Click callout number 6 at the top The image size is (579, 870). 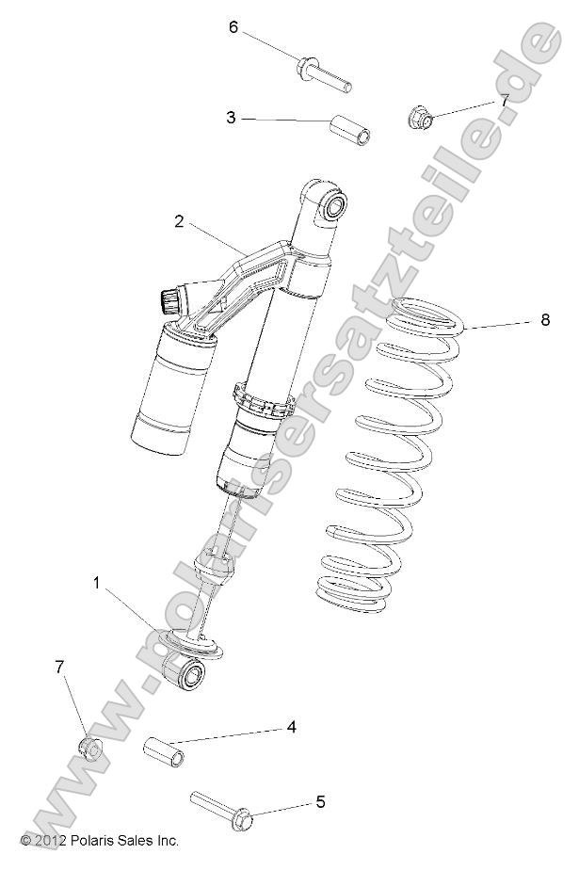(233, 27)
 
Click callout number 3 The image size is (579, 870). (231, 118)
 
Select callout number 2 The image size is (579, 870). (179, 221)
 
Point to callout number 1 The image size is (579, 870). (96, 584)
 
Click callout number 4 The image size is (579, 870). (292, 727)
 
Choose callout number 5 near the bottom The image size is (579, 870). (320, 802)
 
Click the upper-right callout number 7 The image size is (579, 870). (504, 100)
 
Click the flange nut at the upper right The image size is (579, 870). (420, 119)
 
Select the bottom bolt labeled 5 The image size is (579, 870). (221, 808)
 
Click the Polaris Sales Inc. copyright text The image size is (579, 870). (99, 841)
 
